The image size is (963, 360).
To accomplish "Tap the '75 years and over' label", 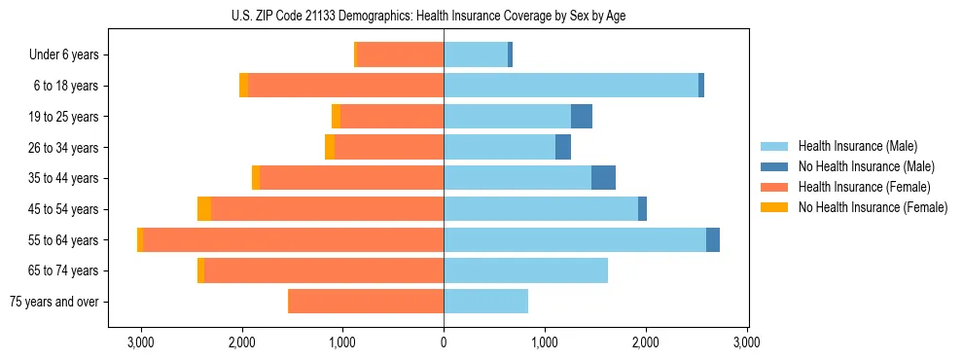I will [x=53, y=302].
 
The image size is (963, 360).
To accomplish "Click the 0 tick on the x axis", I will [x=444, y=342].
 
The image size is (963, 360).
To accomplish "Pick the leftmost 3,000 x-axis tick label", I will [x=141, y=342].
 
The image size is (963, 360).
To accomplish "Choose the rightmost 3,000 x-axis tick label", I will [x=746, y=342].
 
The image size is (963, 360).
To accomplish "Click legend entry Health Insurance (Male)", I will [x=857, y=146].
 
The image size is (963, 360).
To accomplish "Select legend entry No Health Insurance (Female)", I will [x=873, y=207].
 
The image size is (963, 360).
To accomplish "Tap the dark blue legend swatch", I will [x=775, y=166].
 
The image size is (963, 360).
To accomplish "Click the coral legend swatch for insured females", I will [x=775, y=187].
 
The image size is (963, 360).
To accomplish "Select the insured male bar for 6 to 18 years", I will [x=571, y=86].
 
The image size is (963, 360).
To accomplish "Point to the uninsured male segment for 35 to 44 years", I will [x=603, y=178].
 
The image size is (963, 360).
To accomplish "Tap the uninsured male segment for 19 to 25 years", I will [x=582, y=117].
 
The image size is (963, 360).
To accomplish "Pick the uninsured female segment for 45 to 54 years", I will [x=204, y=209].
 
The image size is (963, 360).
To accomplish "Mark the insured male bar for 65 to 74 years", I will [x=525, y=270].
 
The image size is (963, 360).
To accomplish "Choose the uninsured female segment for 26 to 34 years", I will [x=330, y=147].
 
